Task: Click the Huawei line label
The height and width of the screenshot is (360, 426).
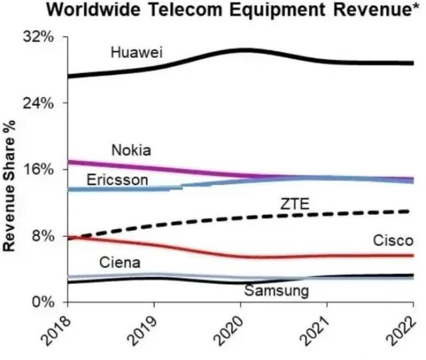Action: click(137, 53)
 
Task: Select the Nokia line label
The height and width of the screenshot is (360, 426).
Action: click(130, 150)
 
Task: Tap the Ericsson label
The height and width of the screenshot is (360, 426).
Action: click(118, 180)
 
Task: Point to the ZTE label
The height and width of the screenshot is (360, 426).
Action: click(295, 204)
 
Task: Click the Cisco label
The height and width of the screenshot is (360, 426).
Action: click(393, 240)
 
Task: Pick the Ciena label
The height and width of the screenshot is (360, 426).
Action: click(120, 262)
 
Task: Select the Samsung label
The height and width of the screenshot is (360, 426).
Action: click(276, 291)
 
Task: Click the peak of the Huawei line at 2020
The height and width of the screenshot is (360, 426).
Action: click(245, 49)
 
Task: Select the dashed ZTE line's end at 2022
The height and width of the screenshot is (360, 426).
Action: click(407, 211)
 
